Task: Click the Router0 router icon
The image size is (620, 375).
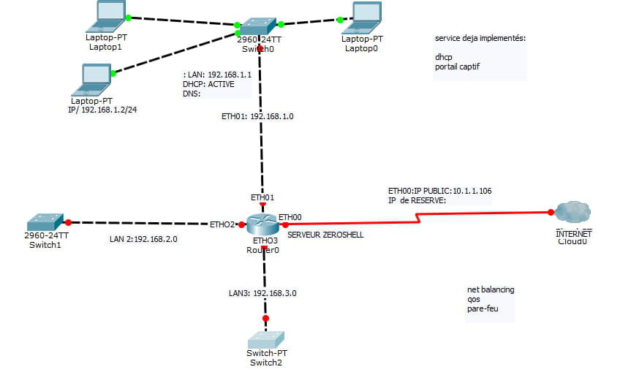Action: tap(263, 224)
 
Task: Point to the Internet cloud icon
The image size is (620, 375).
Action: tap(572, 213)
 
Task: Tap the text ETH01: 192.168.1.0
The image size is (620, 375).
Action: tap(257, 116)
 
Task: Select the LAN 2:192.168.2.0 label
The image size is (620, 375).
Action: tap(143, 239)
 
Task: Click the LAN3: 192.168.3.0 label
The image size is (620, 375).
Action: tap(262, 292)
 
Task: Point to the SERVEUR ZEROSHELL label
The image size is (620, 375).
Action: tap(325, 235)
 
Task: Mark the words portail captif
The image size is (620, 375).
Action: tap(457, 67)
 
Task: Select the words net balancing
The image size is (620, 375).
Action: tap(491, 289)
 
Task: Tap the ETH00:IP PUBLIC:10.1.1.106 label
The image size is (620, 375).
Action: tap(439, 191)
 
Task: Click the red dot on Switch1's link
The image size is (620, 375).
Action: tap(67, 222)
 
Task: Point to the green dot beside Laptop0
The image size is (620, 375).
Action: tap(340, 20)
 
